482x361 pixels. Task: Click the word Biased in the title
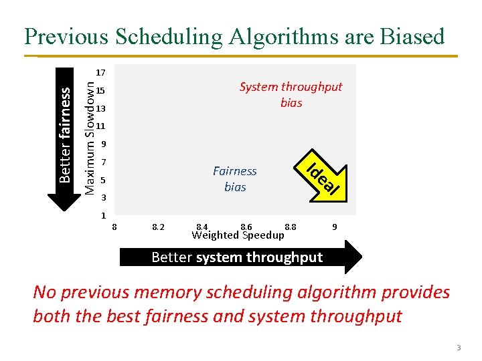point(408,36)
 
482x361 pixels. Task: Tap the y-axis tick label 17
point(100,72)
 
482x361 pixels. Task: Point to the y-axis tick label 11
point(100,126)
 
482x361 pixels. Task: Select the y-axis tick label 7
point(102,162)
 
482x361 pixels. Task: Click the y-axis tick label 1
point(102,215)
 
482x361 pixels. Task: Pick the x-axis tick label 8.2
point(159,227)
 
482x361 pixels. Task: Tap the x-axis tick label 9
point(334,227)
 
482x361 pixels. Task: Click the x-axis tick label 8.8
point(290,227)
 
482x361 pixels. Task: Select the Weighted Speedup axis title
point(238,235)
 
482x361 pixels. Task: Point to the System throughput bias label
point(291,95)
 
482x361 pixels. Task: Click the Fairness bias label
point(235,179)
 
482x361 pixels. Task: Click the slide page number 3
point(459,348)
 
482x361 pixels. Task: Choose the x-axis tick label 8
point(114,227)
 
